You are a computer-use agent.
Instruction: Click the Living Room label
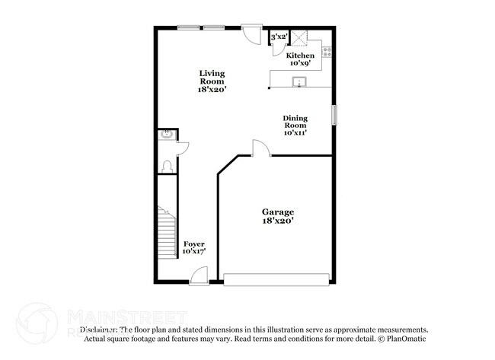(x=212, y=78)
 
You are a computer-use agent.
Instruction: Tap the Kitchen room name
(x=299, y=56)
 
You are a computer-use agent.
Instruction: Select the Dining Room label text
(x=295, y=122)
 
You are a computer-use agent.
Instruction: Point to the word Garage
(x=278, y=211)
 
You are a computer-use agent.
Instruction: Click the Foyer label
(x=193, y=244)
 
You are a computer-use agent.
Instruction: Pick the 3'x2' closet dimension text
(x=279, y=37)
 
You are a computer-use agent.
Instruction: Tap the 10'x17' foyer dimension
(x=193, y=251)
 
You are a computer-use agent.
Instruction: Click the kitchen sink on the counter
(x=301, y=83)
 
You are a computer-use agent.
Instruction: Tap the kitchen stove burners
(x=327, y=53)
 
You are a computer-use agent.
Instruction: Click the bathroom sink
(x=165, y=135)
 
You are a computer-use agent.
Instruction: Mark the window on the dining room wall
(x=333, y=114)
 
